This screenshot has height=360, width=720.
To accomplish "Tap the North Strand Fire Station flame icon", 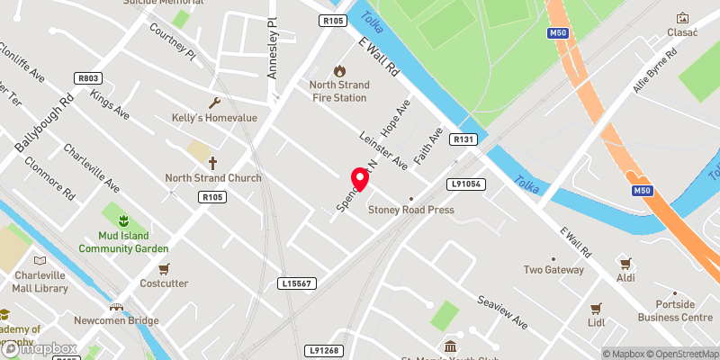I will (x=339, y=70).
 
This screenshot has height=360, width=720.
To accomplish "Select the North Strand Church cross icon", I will (x=213, y=163).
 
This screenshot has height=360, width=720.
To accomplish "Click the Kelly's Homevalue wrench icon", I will (x=214, y=103).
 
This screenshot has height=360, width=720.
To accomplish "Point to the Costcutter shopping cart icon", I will (x=164, y=268).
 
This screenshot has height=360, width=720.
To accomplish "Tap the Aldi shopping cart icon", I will (x=625, y=263).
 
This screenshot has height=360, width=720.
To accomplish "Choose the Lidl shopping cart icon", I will (x=595, y=307).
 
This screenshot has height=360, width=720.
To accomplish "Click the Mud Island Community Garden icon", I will (x=124, y=220).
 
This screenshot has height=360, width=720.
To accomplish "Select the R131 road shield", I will (x=463, y=139).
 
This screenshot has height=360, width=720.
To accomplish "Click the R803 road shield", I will (x=88, y=79).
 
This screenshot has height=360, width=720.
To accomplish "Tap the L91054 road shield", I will (x=465, y=184).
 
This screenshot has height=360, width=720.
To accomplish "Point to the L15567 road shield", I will (x=296, y=283).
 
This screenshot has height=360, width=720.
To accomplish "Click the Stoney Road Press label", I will (x=410, y=210).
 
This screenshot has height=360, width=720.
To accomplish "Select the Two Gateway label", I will (x=553, y=269).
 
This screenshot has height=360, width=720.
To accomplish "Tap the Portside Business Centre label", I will (x=670, y=310).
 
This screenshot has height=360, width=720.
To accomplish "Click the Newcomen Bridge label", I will (x=116, y=320).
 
